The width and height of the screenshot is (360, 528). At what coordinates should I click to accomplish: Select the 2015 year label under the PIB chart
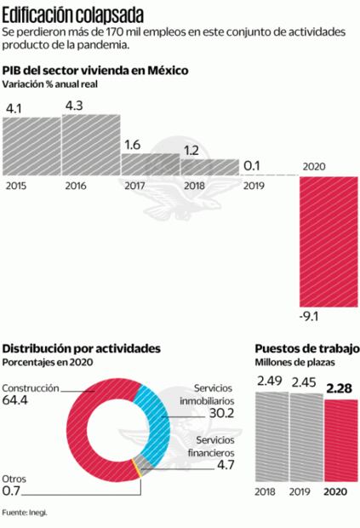tap(15, 184)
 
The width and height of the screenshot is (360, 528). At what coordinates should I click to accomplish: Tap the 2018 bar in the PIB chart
tap(209, 167)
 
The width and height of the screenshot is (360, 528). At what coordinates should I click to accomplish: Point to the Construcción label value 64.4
tap(16, 400)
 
